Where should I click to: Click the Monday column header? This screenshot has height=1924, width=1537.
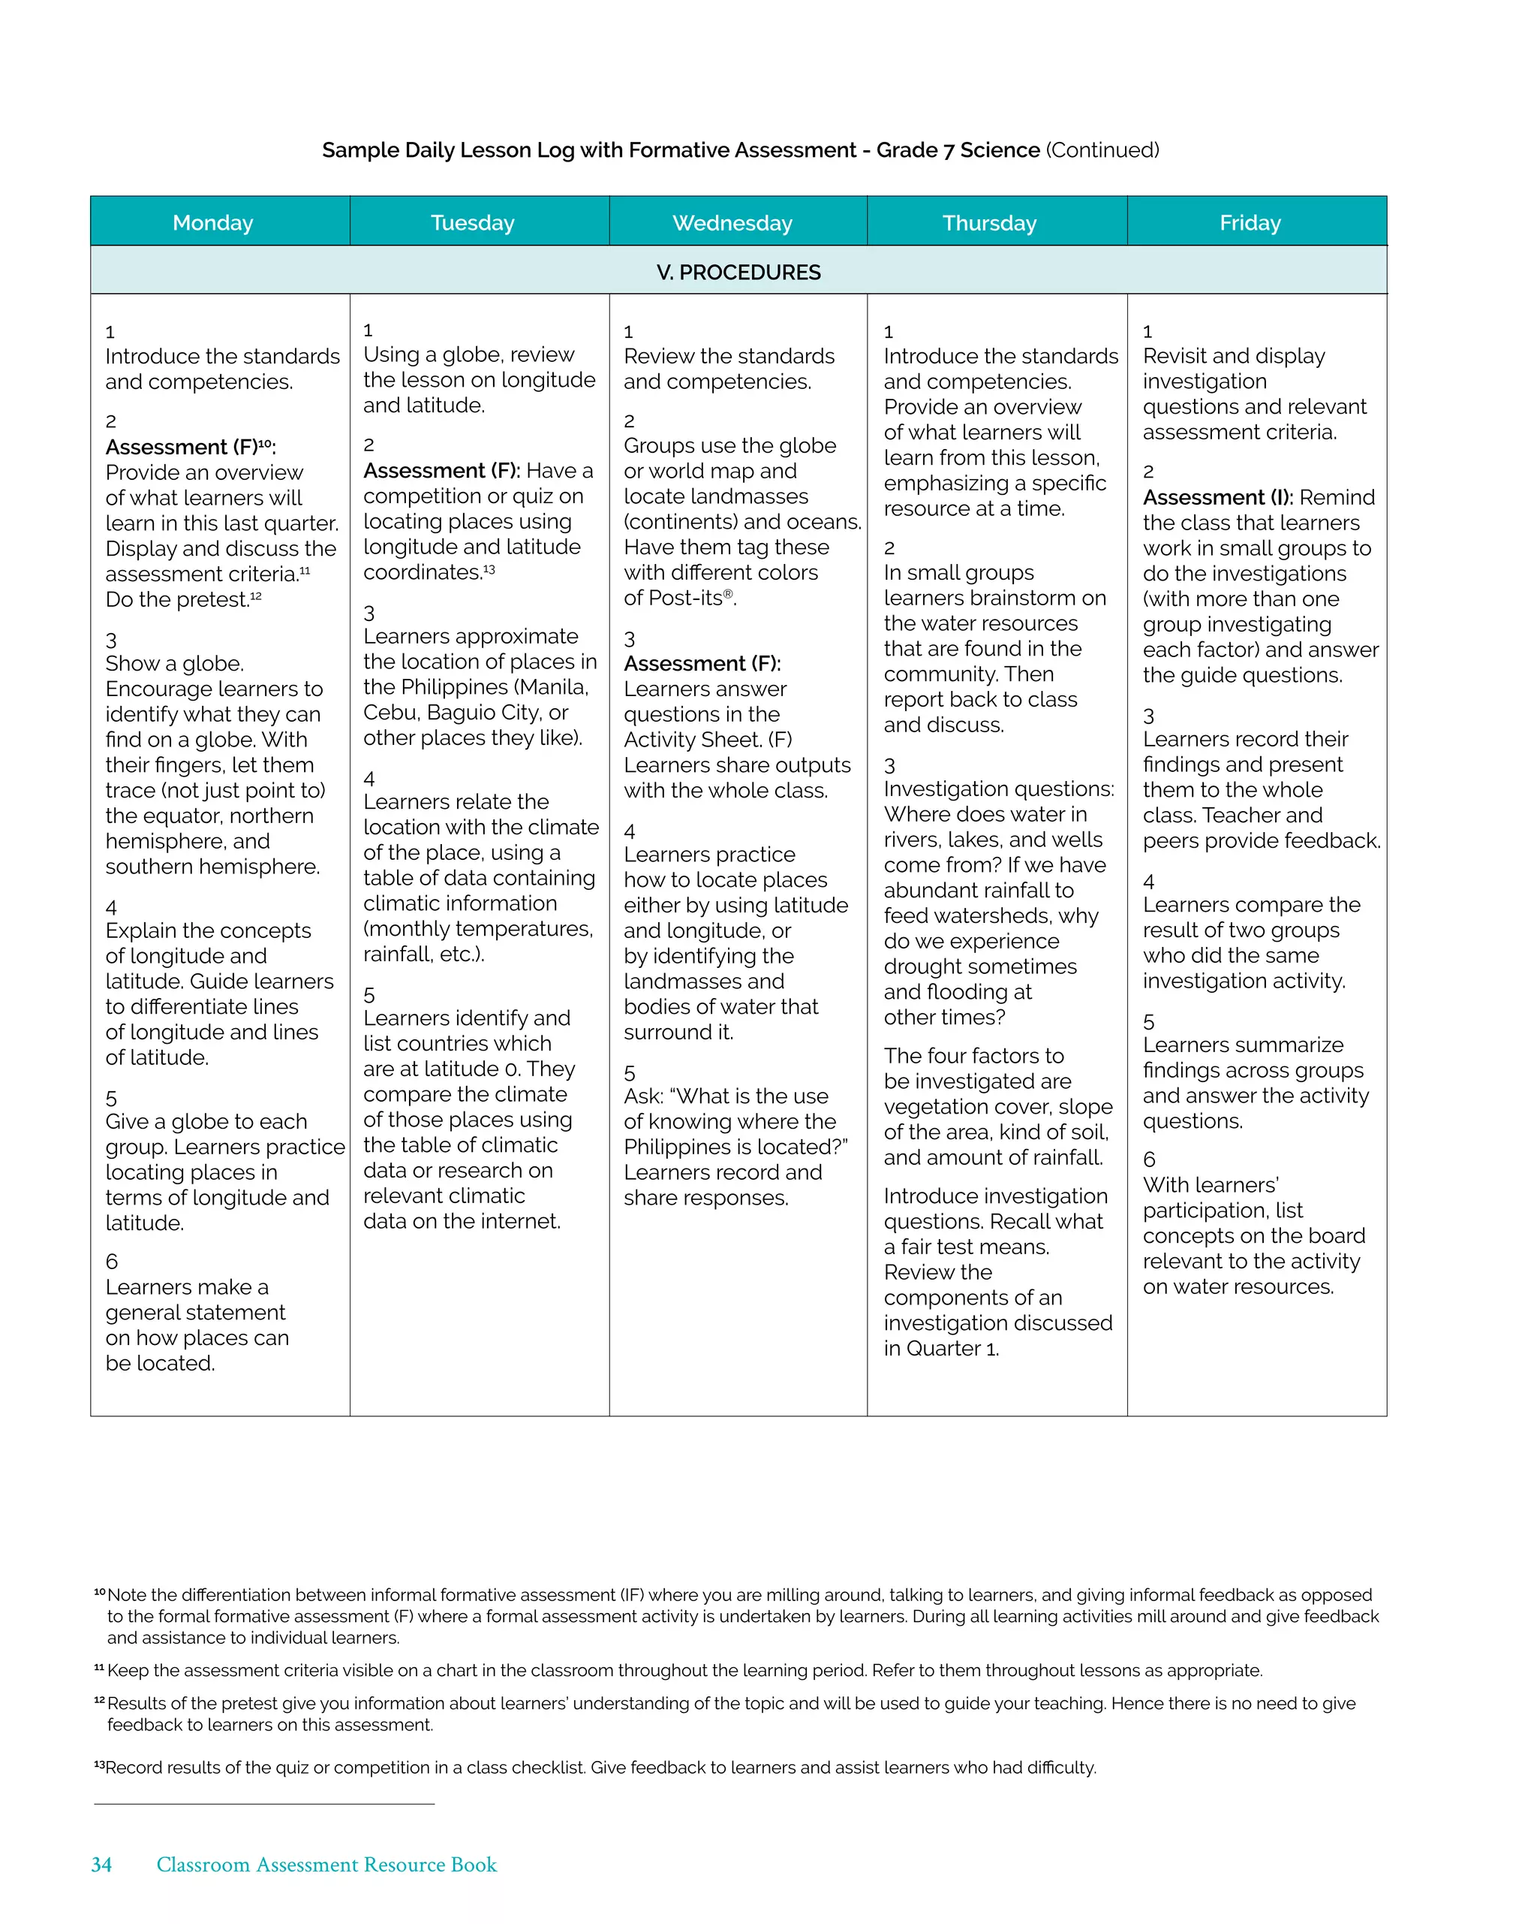click(212, 222)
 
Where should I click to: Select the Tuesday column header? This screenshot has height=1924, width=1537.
click(472, 222)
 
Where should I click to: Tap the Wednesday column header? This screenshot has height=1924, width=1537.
click(732, 222)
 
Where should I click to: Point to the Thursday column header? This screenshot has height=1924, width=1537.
click(989, 222)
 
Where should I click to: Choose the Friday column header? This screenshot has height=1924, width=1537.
click(1250, 222)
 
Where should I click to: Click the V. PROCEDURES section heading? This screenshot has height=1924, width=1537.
click(738, 272)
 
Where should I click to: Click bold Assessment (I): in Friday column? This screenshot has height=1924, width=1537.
click(1217, 497)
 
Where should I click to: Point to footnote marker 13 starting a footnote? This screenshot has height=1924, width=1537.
click(99, 1766)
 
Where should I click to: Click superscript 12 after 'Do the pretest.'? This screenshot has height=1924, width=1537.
click(256, 596)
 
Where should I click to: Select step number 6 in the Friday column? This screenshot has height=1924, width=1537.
click(1149, 1160)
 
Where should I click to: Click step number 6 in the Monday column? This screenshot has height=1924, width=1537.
click(112, 1261)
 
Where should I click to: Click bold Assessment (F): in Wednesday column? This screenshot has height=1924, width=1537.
click(702, 663)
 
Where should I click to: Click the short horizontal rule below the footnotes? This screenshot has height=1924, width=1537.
click(264, 1804)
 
